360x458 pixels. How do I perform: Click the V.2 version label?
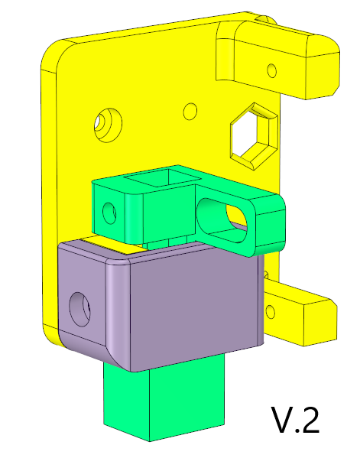click(296, 420)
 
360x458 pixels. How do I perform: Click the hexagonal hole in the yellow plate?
click(253, 136)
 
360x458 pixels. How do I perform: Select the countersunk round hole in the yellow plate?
click(108, 125)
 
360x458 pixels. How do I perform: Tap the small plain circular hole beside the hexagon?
click(190, 112)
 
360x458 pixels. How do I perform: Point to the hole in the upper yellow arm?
click(272, 70)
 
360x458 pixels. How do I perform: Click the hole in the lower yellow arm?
click(271, 312)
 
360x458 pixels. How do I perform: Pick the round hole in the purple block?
click(79, 310)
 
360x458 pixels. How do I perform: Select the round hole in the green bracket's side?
click(109, 213)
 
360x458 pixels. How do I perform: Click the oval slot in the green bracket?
click(222, 220)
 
